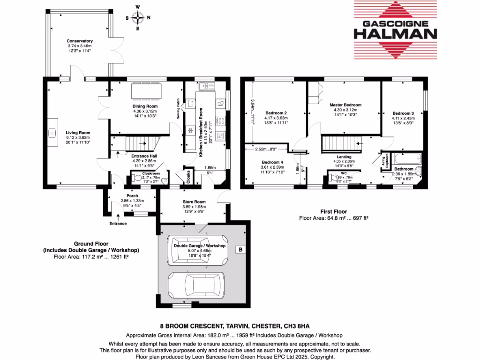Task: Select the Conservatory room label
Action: tap(80, 41)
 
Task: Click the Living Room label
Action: tap(78, 133)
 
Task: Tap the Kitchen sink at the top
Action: tap(205, 86)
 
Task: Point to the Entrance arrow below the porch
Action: tap(118, 217)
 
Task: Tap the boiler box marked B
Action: tap(240, 249)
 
